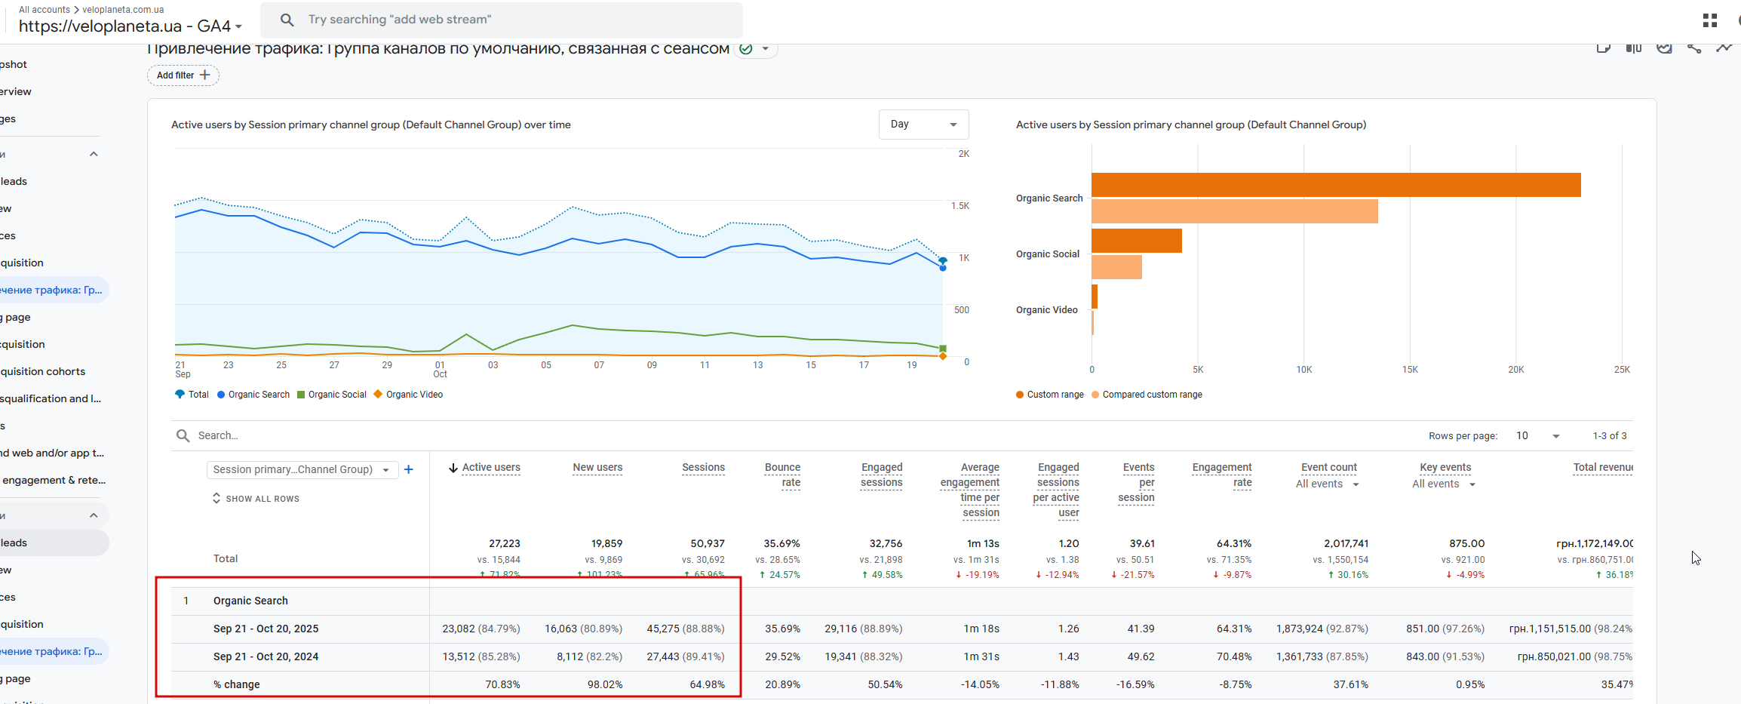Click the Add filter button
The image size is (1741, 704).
[x=183, y=75]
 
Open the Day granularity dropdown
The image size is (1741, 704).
[x=923, y=125]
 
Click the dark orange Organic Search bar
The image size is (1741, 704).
[x=1335, y=185]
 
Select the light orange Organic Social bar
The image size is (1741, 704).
[x=1116, y=267]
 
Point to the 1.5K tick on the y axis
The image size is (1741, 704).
[x=960, y=206]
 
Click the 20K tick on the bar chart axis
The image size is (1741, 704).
[x=1515, y=370]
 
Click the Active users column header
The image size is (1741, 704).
[x=491, y=468]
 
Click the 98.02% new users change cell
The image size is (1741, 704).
[x=604, y=684]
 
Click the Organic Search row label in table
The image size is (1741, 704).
[x=250, y=601]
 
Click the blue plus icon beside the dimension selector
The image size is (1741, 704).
[x=409, y=469]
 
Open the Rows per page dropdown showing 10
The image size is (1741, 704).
[x=1537, y=436]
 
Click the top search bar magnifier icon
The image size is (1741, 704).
[x=287, y=20]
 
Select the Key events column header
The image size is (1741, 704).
[x=1445, y=468]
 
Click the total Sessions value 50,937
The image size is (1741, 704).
[x=707, y=543]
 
